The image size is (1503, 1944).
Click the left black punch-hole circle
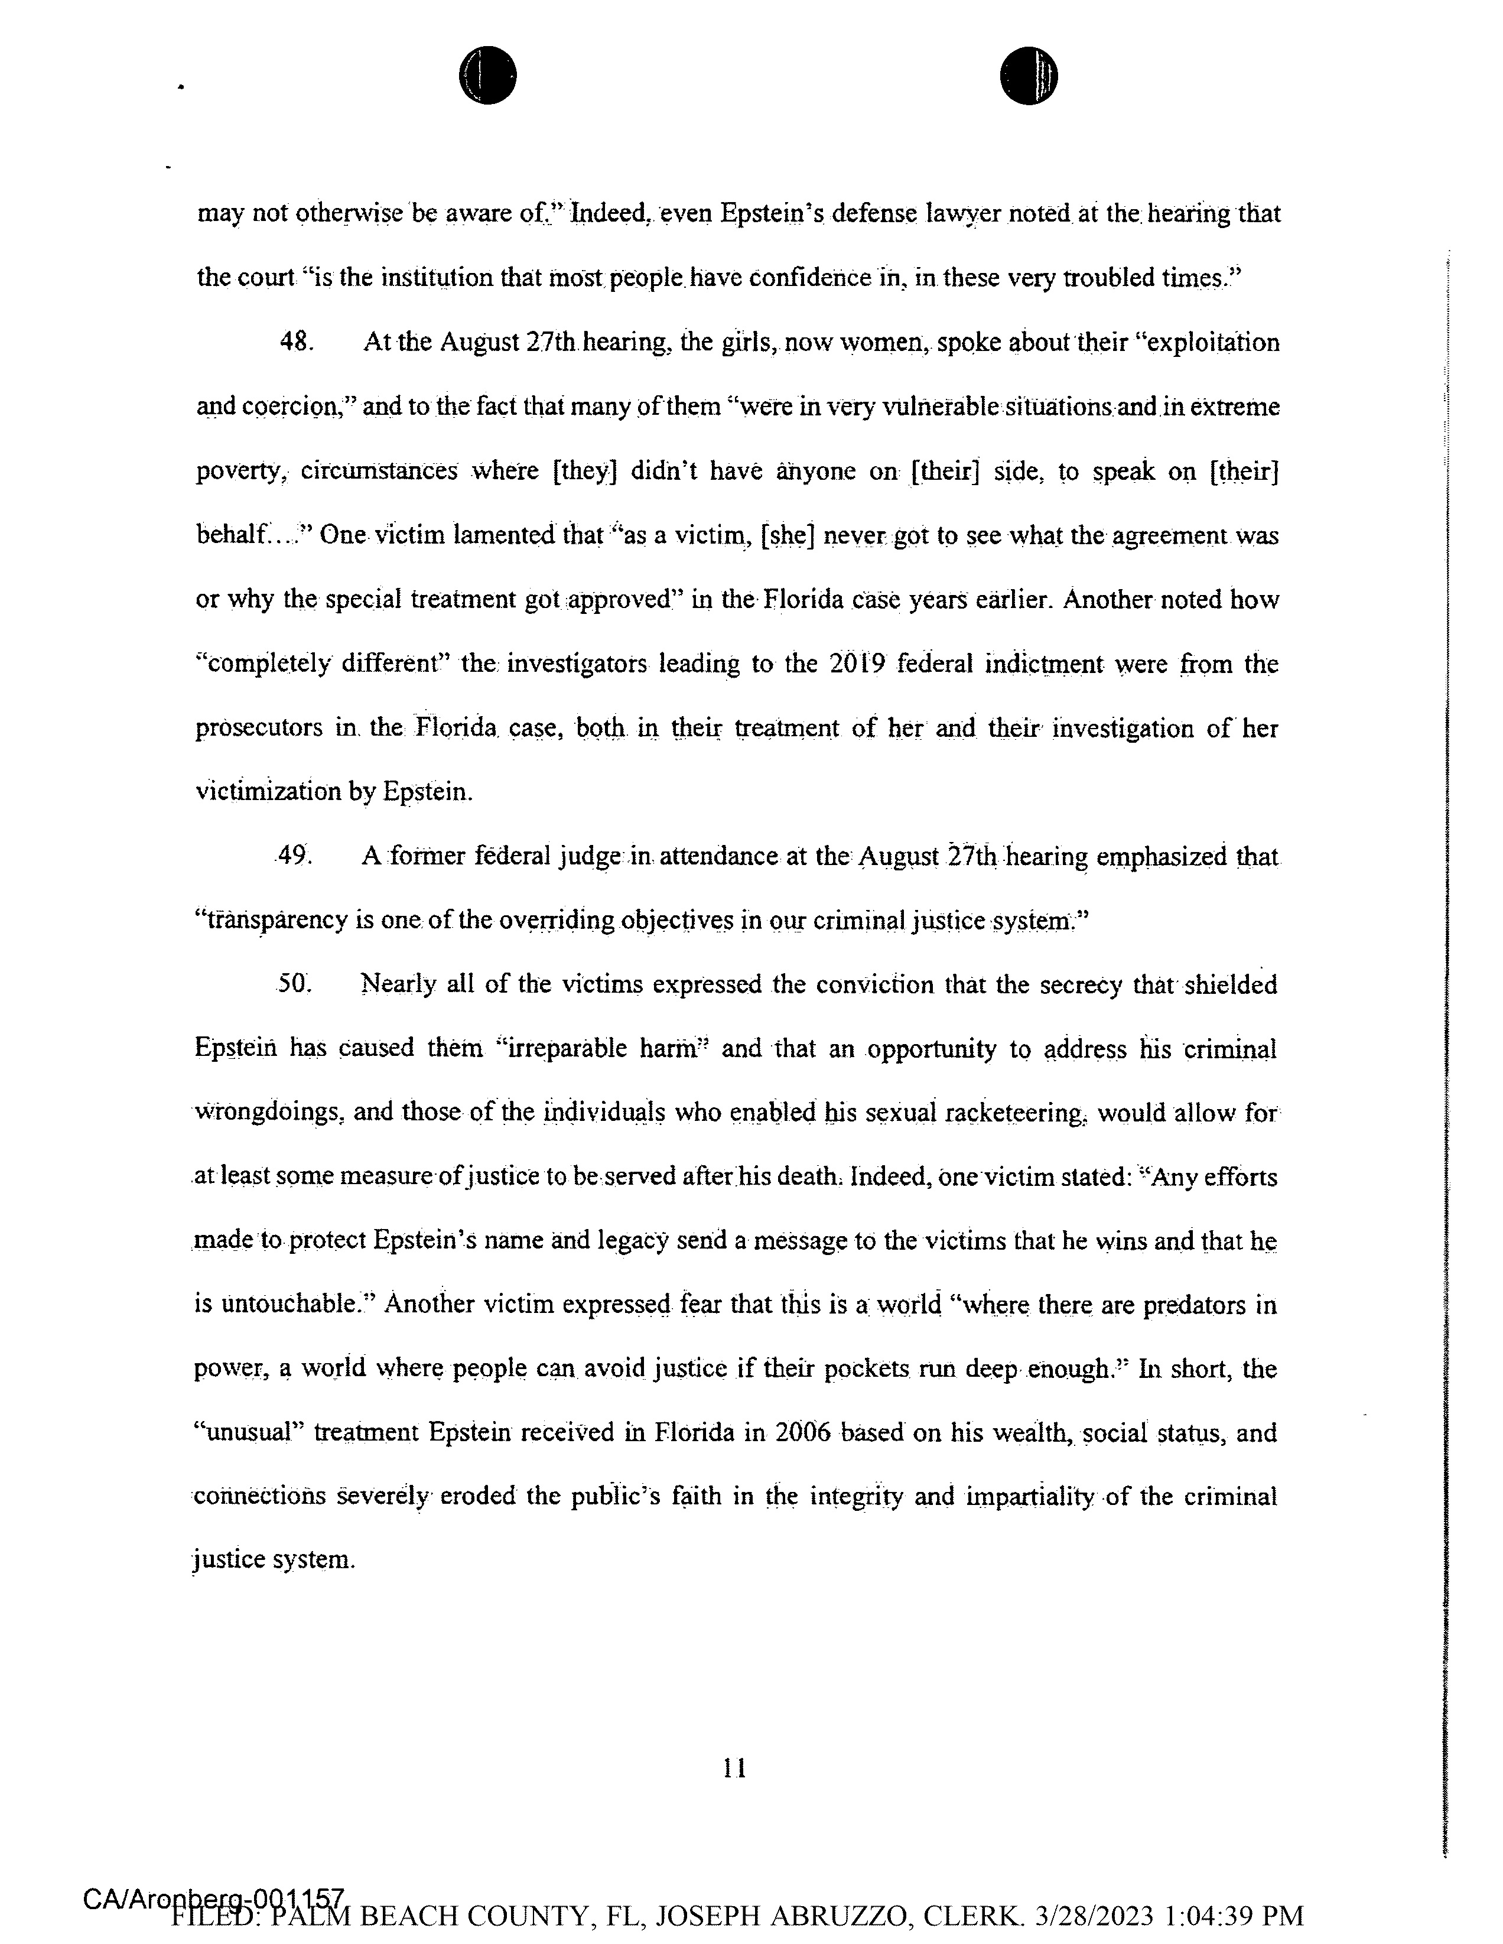pos(487,75)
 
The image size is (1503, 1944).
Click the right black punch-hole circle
pos(1028,75)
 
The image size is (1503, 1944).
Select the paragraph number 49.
pos(293,856)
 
